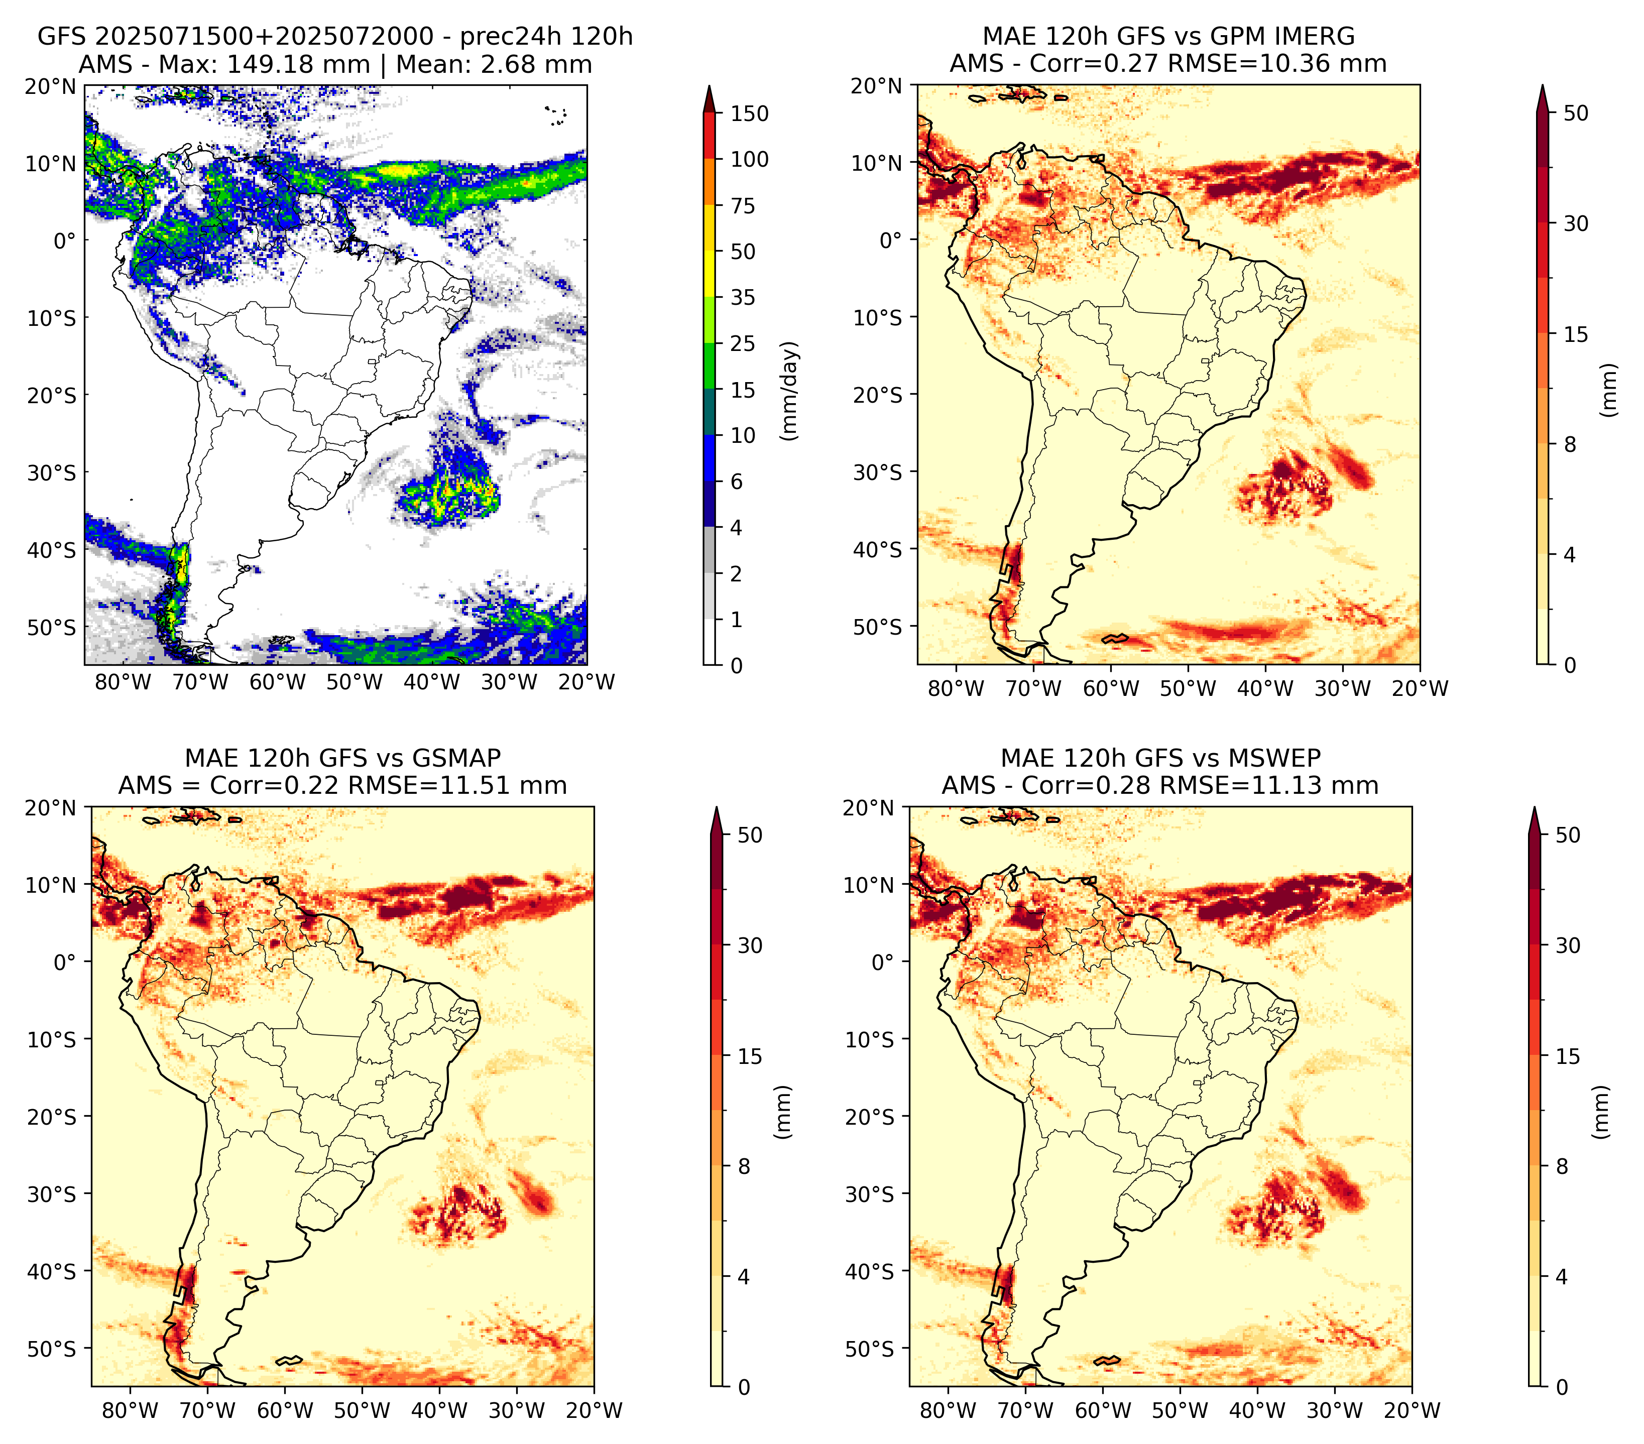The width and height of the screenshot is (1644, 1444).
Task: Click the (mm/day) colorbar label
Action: click(x=791, y=391)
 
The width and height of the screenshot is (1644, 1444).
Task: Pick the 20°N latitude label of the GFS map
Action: click(x=51, y=86)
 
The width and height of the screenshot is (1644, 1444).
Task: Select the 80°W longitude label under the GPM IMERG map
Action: click(x=956, y=688)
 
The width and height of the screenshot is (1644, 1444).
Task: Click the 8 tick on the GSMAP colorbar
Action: click(x=744, y=1167)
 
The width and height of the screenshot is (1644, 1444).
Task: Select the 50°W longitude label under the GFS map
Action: click(x=355, y=682)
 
